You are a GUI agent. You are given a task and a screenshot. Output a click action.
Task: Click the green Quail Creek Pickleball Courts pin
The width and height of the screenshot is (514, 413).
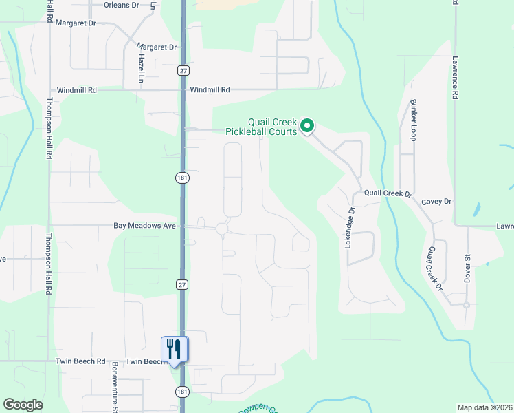[x=308, y=126]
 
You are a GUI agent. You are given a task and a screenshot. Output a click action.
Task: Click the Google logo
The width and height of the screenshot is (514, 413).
[x=23, y=405]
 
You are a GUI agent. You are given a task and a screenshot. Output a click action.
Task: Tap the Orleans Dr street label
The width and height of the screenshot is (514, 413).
[x=121, y=5]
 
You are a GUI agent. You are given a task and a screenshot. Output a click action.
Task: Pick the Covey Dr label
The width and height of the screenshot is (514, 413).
[x=437, y=202]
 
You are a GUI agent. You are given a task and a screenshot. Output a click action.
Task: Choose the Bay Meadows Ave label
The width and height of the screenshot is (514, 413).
[x=145, y=226]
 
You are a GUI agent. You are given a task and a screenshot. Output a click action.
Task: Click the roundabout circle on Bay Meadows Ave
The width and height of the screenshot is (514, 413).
[x=222, y=229]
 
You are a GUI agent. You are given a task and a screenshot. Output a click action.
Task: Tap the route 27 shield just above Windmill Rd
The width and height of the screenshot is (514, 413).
[x=182, y=71]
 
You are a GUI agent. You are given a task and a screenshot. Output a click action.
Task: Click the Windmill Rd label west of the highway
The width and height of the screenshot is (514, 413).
[x=77, y=90]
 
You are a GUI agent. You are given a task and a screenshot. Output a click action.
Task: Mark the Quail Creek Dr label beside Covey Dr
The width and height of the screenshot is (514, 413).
[x=388, y=194]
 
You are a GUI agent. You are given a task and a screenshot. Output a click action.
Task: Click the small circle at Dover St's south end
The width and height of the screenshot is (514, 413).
[x=467, y=305]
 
